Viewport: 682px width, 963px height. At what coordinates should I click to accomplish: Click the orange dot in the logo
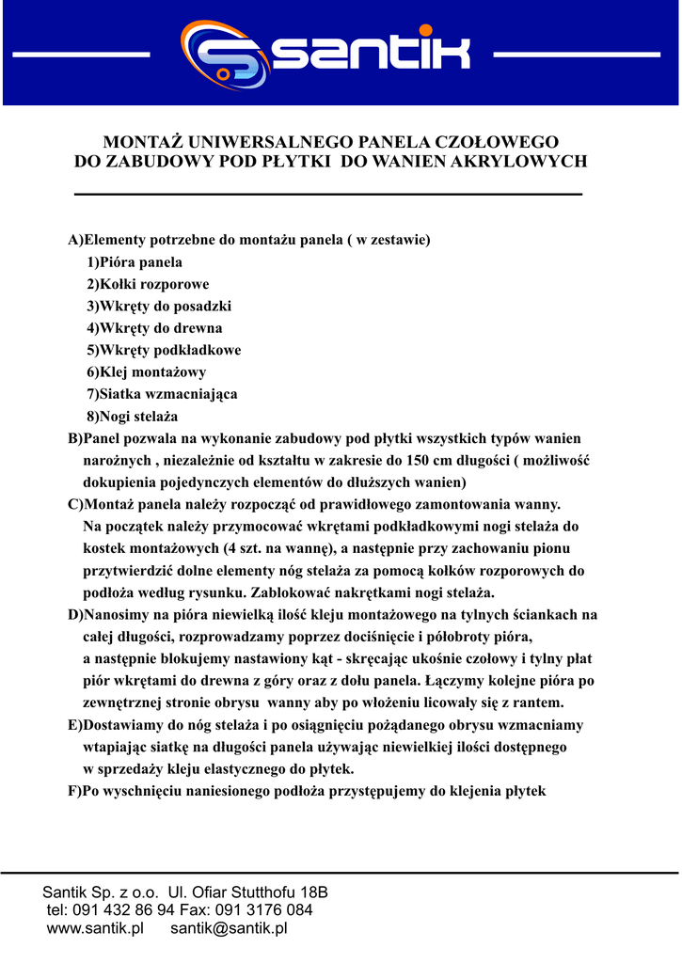[426, 30]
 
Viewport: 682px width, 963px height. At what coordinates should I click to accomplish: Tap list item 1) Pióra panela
[135, 262]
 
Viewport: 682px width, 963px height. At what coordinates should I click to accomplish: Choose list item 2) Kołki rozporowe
[148, 284]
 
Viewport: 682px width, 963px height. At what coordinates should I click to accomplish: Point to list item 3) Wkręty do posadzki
[159, 307]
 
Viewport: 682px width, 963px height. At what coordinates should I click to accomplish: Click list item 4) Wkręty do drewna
[154, 328]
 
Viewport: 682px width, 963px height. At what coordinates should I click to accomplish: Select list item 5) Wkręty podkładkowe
[164, 351]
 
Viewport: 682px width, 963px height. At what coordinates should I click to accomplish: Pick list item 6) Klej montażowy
[147, 372]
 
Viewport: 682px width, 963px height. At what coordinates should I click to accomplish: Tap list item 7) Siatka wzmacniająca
[162, 394]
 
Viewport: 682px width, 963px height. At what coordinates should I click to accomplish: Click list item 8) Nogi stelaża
[133, 416]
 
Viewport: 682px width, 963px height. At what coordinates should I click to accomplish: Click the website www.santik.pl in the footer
[95, 929]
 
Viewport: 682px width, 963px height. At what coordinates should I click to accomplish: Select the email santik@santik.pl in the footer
[229, 929]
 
